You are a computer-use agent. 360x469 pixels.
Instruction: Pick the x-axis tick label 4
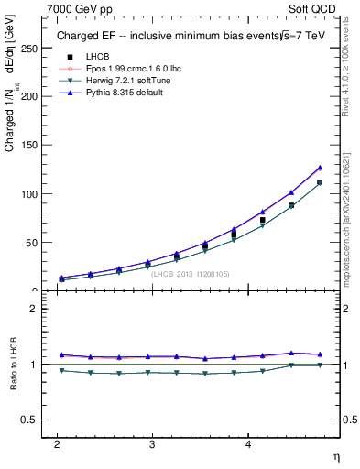(248, 444)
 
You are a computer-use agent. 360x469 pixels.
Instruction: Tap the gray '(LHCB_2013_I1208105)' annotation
(191, 273)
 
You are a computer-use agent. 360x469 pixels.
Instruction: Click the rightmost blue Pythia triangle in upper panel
(320, 168)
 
